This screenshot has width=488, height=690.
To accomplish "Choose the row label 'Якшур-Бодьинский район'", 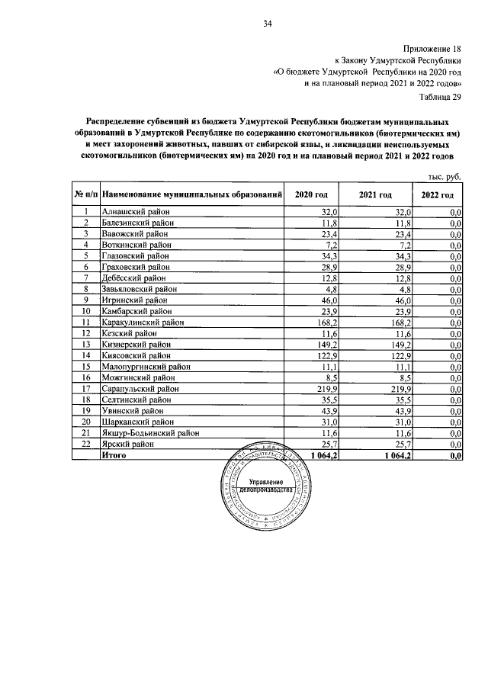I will click(x=150, y=432).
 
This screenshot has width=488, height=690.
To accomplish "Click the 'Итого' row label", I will click(x=114, y=454).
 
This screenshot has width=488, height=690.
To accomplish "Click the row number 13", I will click(x=86, y=344).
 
